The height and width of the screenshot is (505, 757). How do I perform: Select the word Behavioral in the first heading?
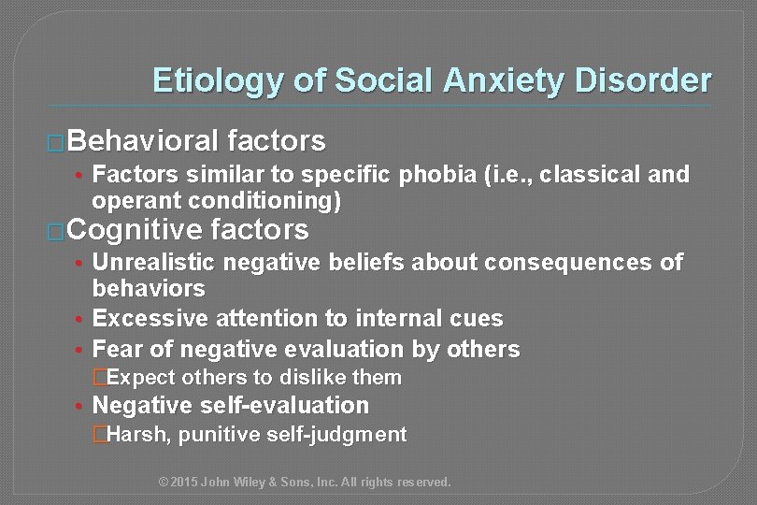pyautogui.click(x=139, y=142)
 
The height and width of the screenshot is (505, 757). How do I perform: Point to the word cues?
pyautogui.click(x=478, y=319)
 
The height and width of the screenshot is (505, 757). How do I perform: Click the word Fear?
pyautogui.click(x=117, y=349)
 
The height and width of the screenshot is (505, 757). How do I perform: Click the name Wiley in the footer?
pyautogui.click(x=259, y=483)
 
